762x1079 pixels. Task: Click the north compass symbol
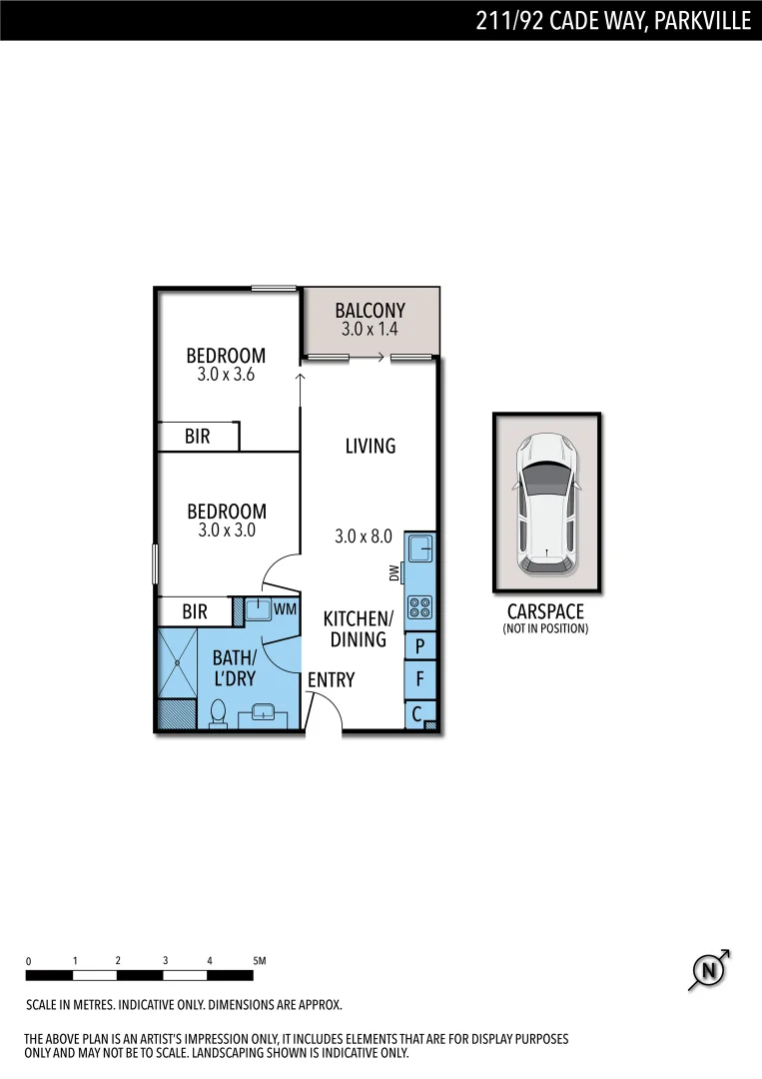pos(709,970)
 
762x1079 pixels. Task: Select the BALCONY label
pos(370,311)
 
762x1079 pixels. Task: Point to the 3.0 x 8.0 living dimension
pos(363,537)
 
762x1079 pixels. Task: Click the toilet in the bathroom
pos(218,713)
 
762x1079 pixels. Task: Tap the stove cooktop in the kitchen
pos(419,607)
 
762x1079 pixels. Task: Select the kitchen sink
pos(419,548)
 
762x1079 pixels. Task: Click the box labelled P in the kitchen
pos(419,646)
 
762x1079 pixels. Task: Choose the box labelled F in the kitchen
pos(419,679)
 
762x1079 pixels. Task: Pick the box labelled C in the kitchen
pos(417,714)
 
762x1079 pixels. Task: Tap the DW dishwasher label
pos(394,572)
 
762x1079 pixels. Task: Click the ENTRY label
pos(331,680)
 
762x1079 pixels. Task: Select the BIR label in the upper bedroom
pos(198,437)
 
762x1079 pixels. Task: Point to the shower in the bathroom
pos(178,662)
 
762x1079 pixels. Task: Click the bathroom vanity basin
pos(265,713)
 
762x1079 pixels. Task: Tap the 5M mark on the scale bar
pos(260,961)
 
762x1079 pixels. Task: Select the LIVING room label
pos(371,447)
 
